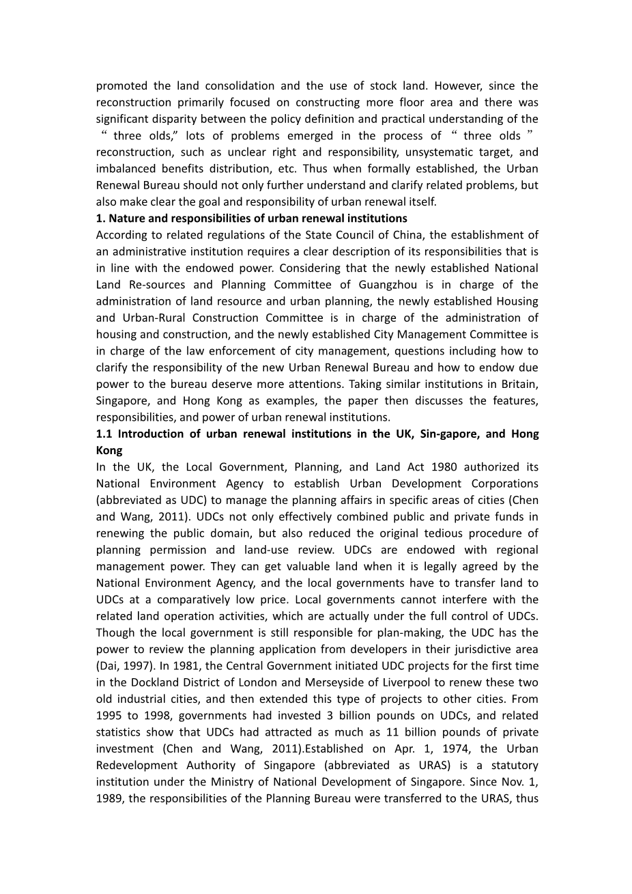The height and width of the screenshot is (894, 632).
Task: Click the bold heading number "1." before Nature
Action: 100,219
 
